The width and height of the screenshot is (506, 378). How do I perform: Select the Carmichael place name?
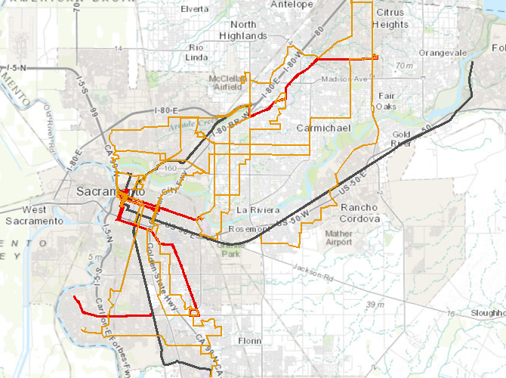pyautogui.click(x=323, y=129)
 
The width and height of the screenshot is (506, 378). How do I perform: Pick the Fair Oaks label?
pyautogui.click(x=387, y=101)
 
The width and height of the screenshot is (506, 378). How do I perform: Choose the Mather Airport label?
pyautogui.click(x=339, y=237)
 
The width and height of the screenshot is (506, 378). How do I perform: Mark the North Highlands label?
pyautogui.click(x=243, y=30)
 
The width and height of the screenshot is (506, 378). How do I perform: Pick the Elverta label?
pyautogui.click(x=195, y=9)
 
